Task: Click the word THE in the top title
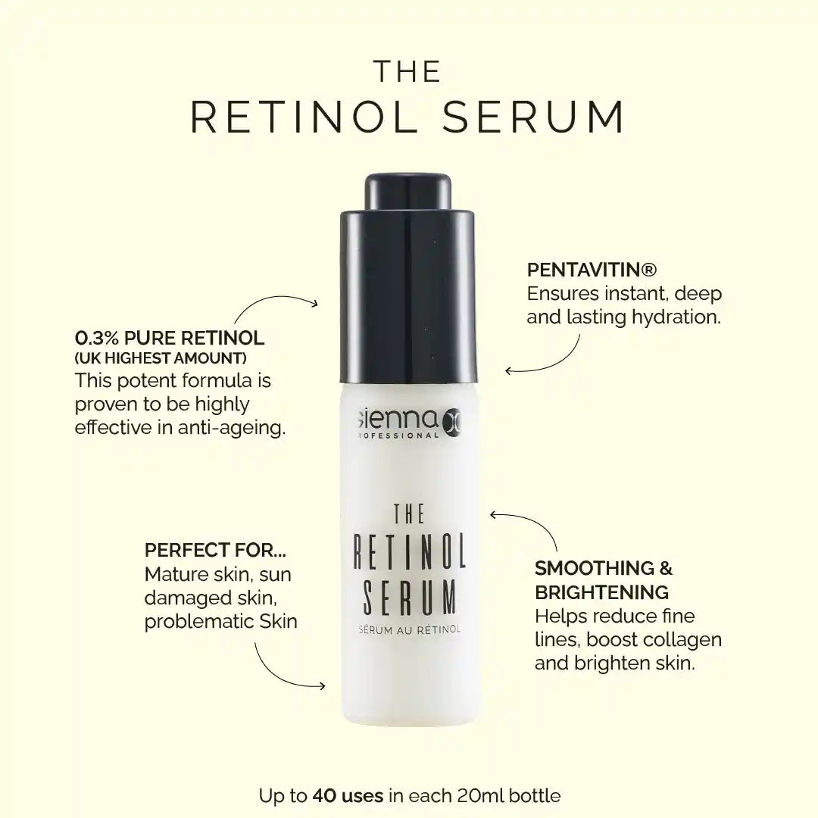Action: click(408, 72)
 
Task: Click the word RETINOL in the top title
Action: click(304, 117)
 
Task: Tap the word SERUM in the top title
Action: click(534, 117)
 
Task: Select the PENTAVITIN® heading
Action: click(592, 270)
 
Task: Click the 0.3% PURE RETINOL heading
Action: click(170, 338)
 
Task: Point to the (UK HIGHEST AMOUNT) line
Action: click(161, 358)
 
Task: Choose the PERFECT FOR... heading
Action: click(215, 550)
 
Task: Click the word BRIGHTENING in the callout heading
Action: click(601, 592)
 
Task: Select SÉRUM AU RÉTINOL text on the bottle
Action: click(410, 629)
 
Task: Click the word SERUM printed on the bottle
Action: click(410, 597)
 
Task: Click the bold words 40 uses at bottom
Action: click(348, 795)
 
